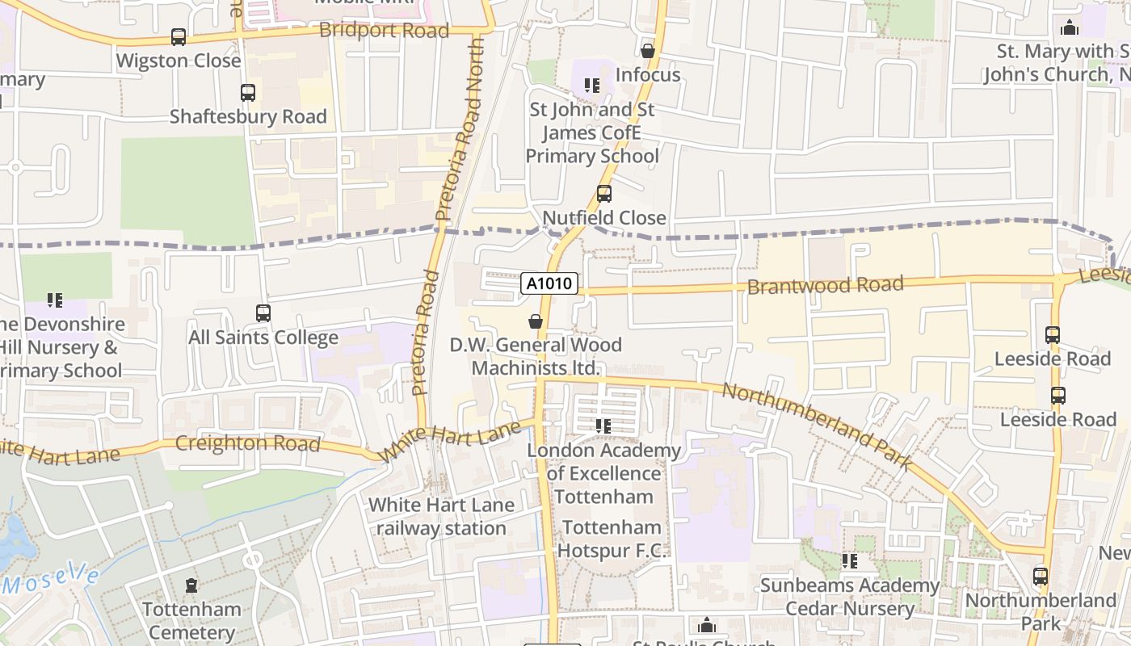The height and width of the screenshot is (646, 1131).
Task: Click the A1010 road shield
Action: [550, 283]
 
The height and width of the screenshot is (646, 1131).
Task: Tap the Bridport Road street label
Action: [384, 31]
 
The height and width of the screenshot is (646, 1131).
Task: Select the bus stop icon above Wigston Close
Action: [179, 37]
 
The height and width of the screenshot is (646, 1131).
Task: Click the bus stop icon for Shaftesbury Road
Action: [248, 93]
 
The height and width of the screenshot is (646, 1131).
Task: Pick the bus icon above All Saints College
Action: [263, 313]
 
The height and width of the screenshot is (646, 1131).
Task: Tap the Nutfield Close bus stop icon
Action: [603, 194]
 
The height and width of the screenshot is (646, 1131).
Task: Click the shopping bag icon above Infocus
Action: [647, 51]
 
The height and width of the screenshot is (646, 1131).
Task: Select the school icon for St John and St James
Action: [592, 85]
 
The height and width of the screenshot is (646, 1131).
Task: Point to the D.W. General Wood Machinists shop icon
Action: [535, 321]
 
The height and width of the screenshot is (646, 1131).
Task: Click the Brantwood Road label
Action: [825, 285]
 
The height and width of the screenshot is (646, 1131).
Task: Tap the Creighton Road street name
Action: [247, 443]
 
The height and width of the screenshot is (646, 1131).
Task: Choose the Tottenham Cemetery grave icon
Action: [191, 585]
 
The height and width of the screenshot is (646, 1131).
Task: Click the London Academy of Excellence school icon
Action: [603, 426]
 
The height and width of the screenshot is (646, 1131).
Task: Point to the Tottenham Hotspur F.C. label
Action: [612, 539]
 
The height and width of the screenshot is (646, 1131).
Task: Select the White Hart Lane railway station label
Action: [441, 517]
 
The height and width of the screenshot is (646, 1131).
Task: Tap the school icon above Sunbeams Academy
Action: [849, 560]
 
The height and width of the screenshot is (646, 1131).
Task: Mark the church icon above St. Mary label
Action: [1070, 27]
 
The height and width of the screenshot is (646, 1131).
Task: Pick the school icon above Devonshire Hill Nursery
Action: [55, 300]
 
